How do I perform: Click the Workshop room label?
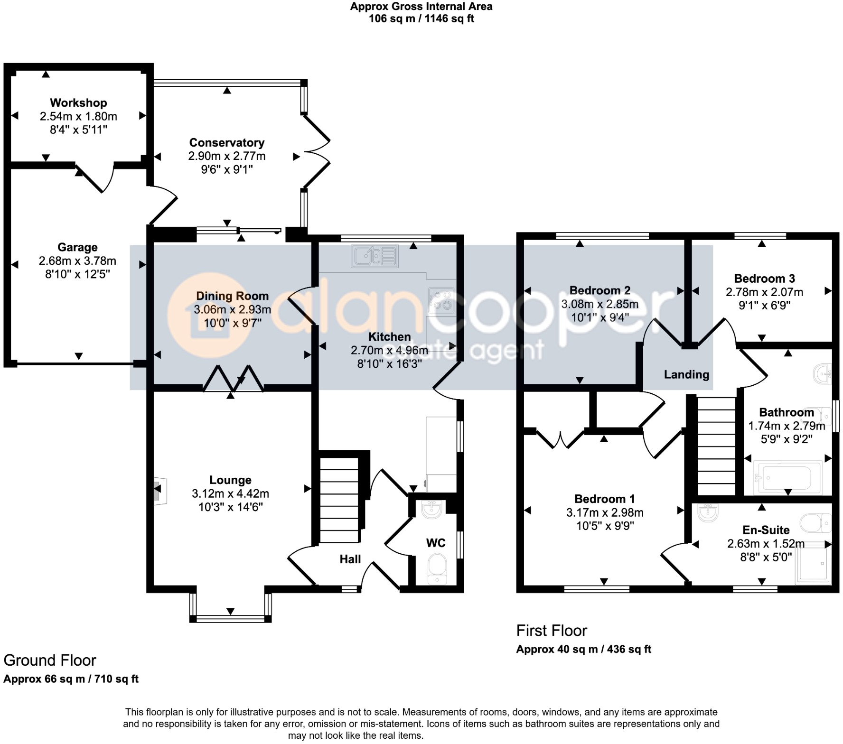pyautogui.click(x=78, y=103)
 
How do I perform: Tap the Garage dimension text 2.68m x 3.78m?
pyautogui.click(x=77, y=261)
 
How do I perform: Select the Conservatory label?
pyautogui.click(x=226, y=142)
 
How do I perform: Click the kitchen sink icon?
pyautogui.click(x=375, y=256)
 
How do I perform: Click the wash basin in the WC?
pyautogui.click(x=431, y=510)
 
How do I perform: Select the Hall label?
pyautogui.click(x=350, y=559)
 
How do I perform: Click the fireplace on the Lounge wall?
pyautogui.click(x=159, y=491)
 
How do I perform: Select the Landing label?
pyautogui.click(x=686, y=375)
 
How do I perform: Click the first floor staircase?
pyautogui.click(x=716, y=446)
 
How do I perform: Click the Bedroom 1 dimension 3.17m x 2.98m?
pyautogui.click(x=605, y=512)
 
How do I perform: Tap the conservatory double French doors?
pyautogui.click(x=316, y=151)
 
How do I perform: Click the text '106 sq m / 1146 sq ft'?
pyautogui.click(x=421, y=19)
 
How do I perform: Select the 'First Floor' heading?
pyautogui.click(x=552, y=631)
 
